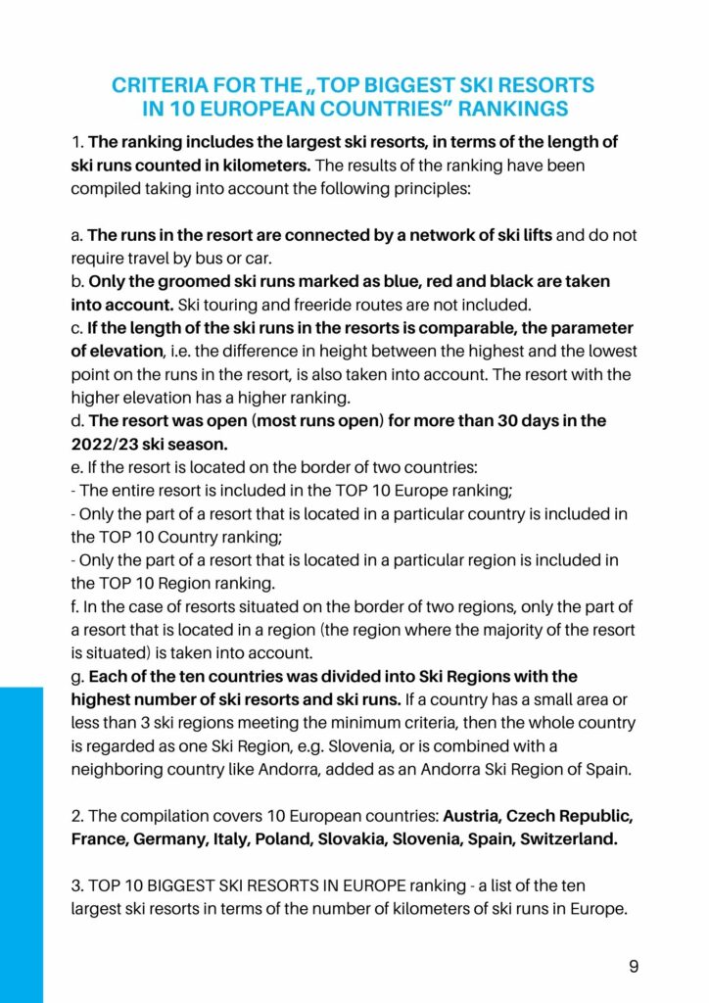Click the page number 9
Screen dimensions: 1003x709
[634, 967]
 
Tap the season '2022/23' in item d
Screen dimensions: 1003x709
[106, 444]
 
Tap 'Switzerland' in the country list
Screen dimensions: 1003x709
[570, 839]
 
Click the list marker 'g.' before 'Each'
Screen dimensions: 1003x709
[77, 677]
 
